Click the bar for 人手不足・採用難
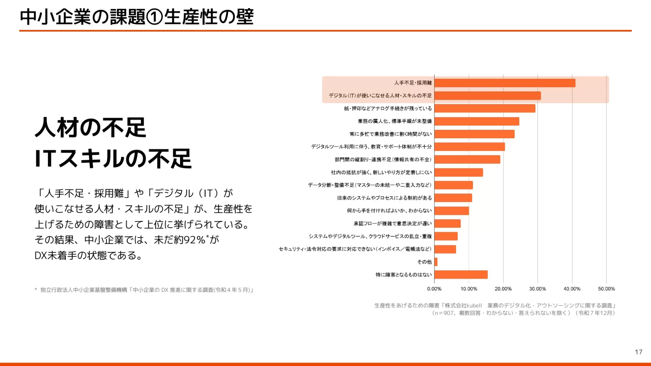pyautogui.click(x=505, y=83)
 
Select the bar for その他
pyautogui.click(x=436, y=262)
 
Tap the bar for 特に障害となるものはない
pyautogui.click(x=461, y=275)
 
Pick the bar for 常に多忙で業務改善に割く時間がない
pyautogui.click(x=474, y=134)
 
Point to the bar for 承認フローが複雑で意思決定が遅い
pyautogui.click(x=448, y=224)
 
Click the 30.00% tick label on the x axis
pyautogui.click(x=537, y=289)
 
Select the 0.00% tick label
pyautogui.click(x=434, y=289)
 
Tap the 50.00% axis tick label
pyautogui.click(x=606, y=289)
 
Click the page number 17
pyautogui.click(x=638, y=352)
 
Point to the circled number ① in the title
pyautogui.click(x=155, y=17)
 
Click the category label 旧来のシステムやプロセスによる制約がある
pyautogui.click(x=384, y=198)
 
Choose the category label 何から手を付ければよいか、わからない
pyautogui.click(x=389, y=211)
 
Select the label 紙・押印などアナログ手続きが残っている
pyautogui.click(x=388, y=108)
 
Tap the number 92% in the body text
pyautogui.click(x=194, y=240)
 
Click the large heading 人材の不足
pyautogui.click(x=91, y=128)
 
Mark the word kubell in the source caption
pyautogui.click(x=474, y=306)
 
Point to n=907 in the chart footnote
pyautogui.click(x=444, y=313)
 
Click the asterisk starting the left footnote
pyautogui.click(x=36, y=290)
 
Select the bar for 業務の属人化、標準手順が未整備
pyautogui.click(x=477, y=121)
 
